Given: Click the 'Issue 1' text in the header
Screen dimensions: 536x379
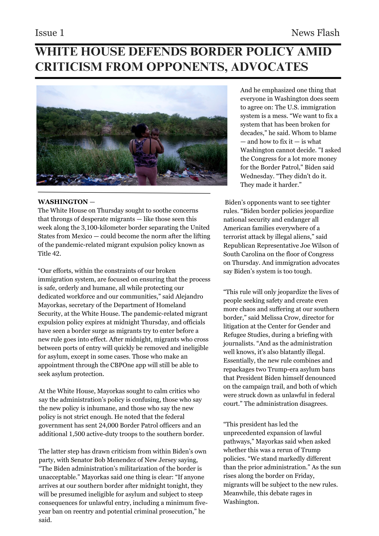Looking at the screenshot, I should pyautogui.click(x=50, y=33).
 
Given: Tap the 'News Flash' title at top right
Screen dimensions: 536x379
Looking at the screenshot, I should pyautogui.click(x=315, y=33).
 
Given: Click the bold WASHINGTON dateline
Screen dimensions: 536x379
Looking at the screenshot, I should pyautogui.click(x=63, y=202).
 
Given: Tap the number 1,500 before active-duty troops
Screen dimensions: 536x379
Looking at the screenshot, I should pyautogui.click(x=77, y=434).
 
